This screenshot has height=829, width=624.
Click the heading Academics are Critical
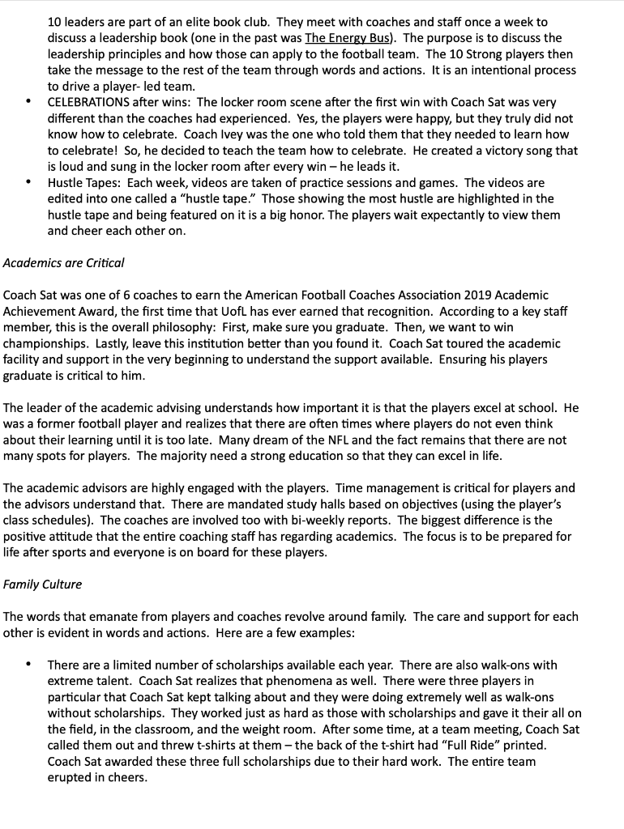click(64, 262)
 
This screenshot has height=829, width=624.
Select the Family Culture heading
click(42, 584)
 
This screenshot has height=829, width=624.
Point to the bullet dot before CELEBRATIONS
click(28, 102)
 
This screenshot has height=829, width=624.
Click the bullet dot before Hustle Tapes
click(28, 183)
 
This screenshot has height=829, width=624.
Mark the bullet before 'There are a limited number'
click(28, 665)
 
